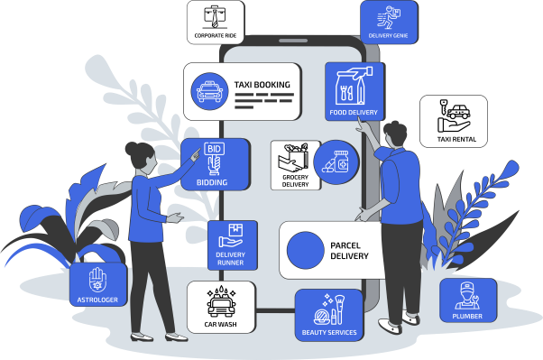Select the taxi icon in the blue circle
[208, 90]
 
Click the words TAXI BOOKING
[262, 86]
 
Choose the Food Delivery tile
[354, 91]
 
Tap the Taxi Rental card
[453, 122]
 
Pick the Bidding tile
[214, 163]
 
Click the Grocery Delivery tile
[295, 165]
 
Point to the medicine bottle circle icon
[341, 162]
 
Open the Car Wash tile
[221, 307]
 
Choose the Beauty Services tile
[327, 314]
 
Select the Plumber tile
[467, 300]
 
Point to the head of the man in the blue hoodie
[394, 135]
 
